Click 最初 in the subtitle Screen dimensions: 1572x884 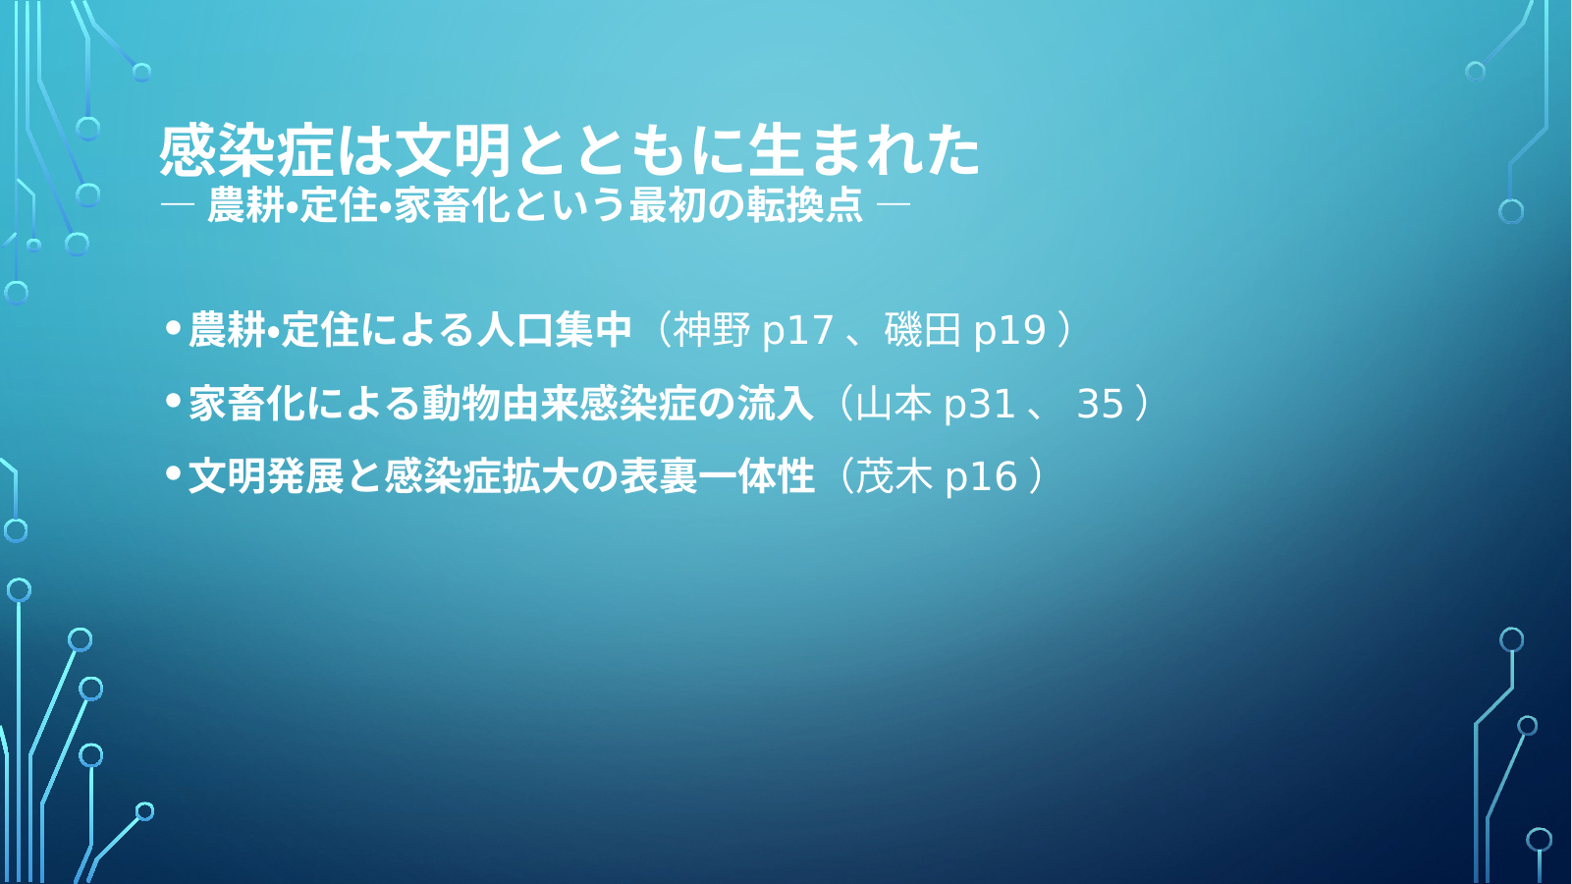tap(668, 205)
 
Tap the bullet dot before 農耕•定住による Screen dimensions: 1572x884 tap(173, 327)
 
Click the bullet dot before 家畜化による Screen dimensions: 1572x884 tap(173, 401)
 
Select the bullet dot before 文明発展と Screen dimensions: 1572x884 tap(173, 474)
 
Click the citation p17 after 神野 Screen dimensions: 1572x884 tap(797, 330)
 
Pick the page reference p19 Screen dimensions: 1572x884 tap(1009, 330)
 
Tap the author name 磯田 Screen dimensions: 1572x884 tap(922, 329)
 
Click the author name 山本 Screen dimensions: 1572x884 tap(894, 403)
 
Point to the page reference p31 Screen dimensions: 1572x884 tap(980, 404)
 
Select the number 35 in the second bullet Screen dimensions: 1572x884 tap(1100, 403)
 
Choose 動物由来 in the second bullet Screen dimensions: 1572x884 tap(501, 403)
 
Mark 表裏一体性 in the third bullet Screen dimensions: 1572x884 tap(717, 476)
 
